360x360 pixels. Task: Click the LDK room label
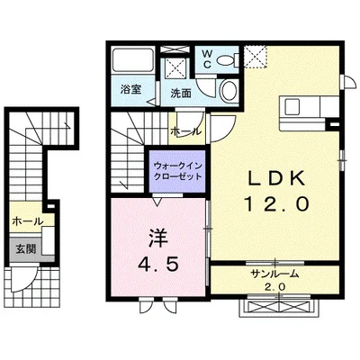coord(276,179)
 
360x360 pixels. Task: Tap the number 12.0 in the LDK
coord(276,204)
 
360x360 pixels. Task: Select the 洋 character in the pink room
coord(158,239)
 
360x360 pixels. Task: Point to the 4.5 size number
coord(158,265)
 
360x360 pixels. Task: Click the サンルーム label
coord(275,274)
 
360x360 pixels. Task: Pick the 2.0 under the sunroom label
coord(274,287)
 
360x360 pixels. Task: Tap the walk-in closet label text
coord(177,171)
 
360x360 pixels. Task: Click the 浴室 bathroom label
coord(131,89)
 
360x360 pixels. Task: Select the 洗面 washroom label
coord(181,94)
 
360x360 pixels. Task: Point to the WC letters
coord(207,58)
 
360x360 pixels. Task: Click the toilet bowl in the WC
coord(228,60)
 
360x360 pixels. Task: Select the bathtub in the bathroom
coord(133,60)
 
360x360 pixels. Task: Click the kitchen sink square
coord(292,107)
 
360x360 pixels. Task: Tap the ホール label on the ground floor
coord(28,221)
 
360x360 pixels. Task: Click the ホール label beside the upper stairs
coord(186,131)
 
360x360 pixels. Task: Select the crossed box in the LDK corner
coord(255,57)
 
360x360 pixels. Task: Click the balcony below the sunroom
coord(278,307)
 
